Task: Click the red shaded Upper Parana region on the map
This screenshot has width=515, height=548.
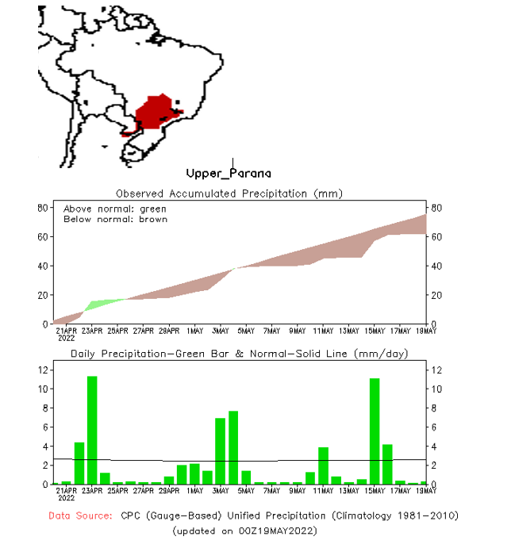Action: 156,113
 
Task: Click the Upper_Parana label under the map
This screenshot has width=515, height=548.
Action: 228,173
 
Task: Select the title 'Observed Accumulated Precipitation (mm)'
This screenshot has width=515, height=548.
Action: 229,194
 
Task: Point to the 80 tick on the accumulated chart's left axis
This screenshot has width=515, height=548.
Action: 44,208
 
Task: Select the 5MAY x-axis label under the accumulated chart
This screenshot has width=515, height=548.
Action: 246,331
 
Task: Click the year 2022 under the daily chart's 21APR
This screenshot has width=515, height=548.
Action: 65,498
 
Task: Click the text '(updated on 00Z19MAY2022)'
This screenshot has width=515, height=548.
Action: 244,530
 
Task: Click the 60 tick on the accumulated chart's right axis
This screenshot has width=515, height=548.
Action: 436,237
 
